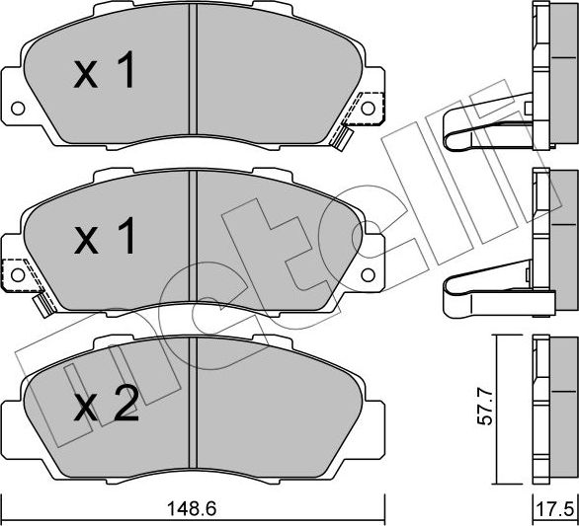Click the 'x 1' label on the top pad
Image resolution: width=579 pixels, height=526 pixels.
(105, 73)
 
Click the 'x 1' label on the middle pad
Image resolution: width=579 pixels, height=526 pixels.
(105, 238)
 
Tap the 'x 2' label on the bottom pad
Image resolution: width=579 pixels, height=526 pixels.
(106, 407)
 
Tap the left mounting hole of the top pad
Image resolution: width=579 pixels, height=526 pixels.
(17, 108)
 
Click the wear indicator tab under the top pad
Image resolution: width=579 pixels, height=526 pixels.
(342, 137)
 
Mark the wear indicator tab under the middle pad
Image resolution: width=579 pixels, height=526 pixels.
(42, 307)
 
